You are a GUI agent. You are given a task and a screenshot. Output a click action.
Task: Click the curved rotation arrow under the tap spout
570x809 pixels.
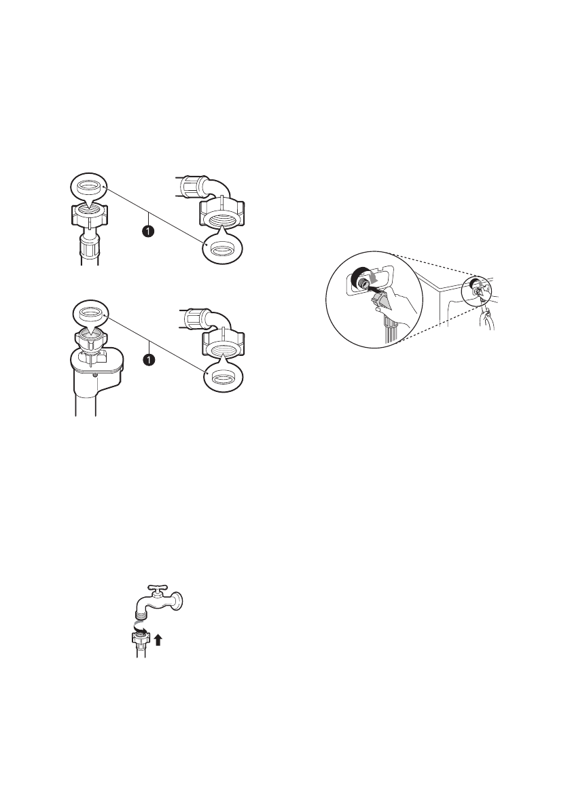[x=141, y=628]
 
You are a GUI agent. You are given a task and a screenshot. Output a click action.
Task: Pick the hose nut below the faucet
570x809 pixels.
[x=141, y=639]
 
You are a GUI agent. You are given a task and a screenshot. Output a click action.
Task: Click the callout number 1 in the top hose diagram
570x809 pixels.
[x=148, y=231]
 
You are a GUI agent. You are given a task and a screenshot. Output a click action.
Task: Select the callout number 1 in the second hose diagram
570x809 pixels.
[x=148, y=359]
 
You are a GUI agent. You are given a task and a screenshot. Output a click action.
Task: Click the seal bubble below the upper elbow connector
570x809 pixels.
[x=221, y=250]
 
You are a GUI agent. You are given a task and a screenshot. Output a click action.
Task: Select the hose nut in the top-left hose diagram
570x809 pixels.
[x=89, y=215]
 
